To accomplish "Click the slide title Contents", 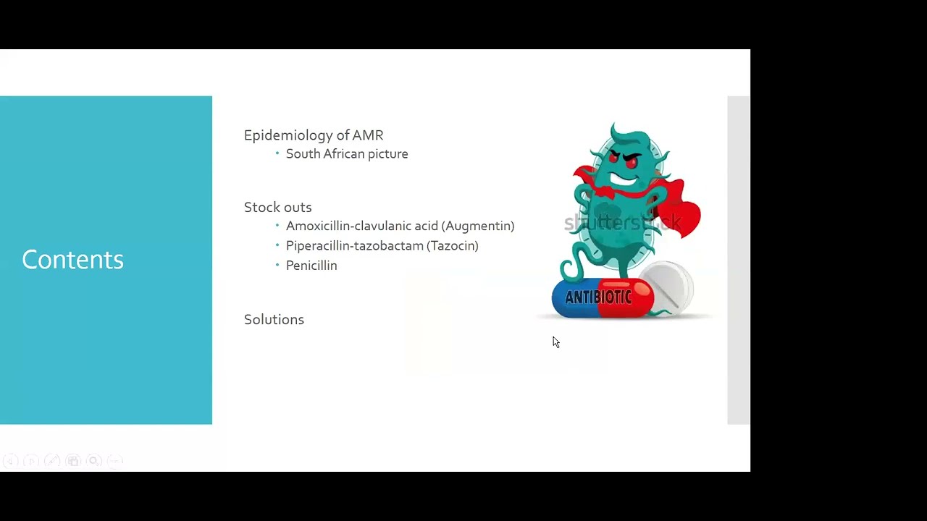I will (x=72, y=260).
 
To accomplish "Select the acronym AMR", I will (x=368, y=135).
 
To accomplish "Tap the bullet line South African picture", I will (x=347, y=154).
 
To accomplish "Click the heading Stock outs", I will (x=277, y=208).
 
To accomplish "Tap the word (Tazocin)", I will (x=453, y=246).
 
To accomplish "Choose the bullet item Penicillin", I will (x=311, y=266).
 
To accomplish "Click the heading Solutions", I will (x=274, y=320).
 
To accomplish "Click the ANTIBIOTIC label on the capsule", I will (x=598, y=297).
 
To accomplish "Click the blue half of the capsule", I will (x=572, y=298).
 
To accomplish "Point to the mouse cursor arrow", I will (x=555, y=342).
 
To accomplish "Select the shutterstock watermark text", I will (x=622, y=223).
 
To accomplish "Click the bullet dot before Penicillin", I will (x=277, y=266).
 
